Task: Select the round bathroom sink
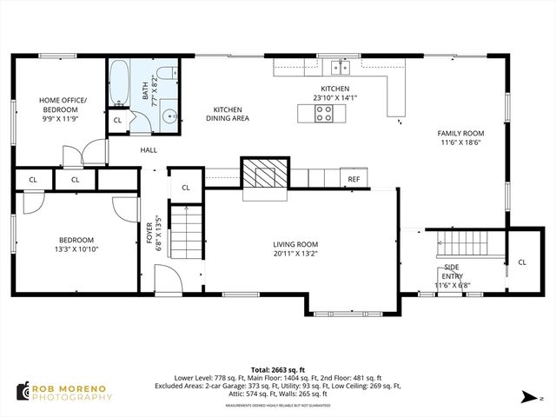tap(171, 111)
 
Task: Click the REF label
tap(354, 179)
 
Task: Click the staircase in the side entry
tap(468, 243)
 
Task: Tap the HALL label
tap(149, 150)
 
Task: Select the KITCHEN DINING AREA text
tap(227, 113)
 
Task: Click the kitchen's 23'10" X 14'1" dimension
tap(334, 98)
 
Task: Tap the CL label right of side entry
tap(522, 261)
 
